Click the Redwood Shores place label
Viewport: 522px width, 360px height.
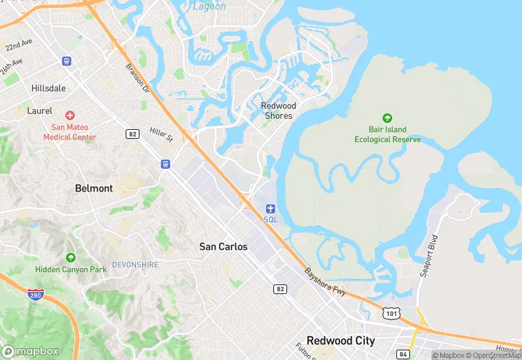278,111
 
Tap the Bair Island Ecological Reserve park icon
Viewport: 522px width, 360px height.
387,119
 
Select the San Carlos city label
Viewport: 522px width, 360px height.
223,246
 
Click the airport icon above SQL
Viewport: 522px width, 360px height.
271,208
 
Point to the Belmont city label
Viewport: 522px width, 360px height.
94,188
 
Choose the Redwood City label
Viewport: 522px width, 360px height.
341,341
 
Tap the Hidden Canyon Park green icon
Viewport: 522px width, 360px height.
71,258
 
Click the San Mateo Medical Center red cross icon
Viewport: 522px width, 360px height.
70,115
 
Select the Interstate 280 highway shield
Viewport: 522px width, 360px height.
36,295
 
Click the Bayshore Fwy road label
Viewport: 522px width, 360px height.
326,281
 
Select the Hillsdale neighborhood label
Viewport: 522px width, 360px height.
49,89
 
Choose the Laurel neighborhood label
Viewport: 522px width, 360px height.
39,110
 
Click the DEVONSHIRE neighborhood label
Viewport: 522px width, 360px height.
135,265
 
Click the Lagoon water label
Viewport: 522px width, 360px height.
208,6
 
